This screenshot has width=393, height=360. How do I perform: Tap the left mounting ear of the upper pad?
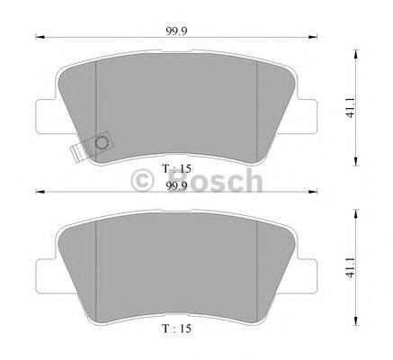[x=45, y=115]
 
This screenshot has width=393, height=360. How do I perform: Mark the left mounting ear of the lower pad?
[x=45, y=270]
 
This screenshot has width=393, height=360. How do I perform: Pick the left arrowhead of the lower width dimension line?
[x=39, y=193]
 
